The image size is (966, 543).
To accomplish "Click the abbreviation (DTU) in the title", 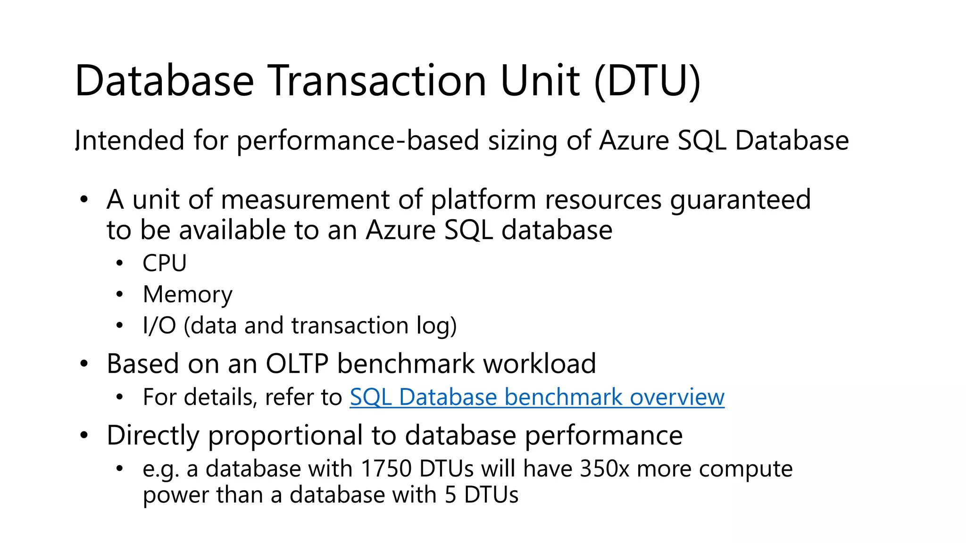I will coord(647,81).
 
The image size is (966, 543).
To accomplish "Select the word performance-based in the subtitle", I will coord(358,140).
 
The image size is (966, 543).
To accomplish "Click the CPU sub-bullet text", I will coord(165,263).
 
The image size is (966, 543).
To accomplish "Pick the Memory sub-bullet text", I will coord(187,295).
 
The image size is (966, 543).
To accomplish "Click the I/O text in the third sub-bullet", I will coord(159,326).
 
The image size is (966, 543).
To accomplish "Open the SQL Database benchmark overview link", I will coord(537,397).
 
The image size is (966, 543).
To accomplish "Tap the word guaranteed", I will coord(741,200).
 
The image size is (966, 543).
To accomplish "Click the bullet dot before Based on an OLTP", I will coord(84,364).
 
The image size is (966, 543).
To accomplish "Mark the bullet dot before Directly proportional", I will coord(84,435).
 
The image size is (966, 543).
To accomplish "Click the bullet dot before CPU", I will coord(120,263).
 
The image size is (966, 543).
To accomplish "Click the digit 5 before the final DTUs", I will coord(450,495).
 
